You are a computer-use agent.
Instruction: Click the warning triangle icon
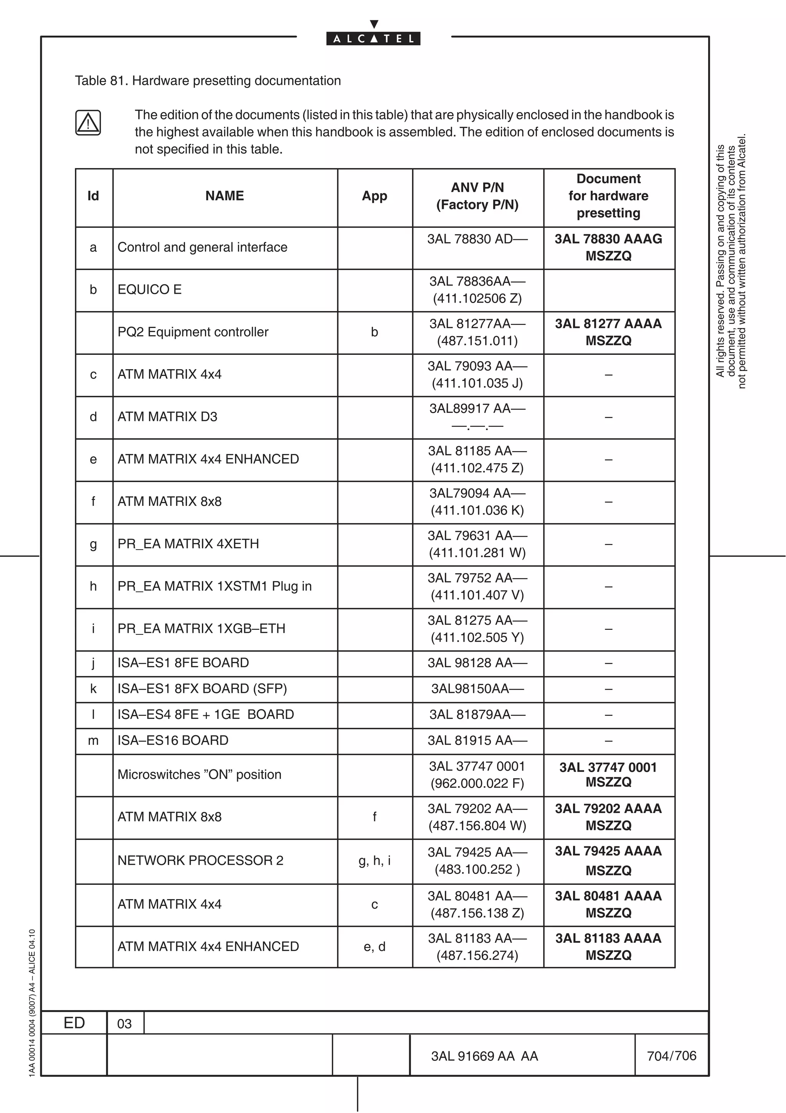coord(88,123)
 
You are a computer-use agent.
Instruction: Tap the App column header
coord(374,196)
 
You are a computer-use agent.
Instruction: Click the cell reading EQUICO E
coord(150,290)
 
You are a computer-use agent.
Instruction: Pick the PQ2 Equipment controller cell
coord(193,332)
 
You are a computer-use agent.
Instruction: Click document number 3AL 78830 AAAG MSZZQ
coord(608,247)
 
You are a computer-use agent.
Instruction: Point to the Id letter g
coord(94,544)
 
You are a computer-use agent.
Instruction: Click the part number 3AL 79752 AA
coord(477,578)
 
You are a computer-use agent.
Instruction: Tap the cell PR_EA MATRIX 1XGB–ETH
coord(201,628)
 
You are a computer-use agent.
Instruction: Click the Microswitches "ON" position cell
coord(199,774)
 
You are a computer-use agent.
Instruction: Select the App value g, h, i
coord(374,860)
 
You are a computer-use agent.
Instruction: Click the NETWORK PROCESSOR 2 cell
coord(200,860)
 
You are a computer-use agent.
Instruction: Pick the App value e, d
coord(374,946)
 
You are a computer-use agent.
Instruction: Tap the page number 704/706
coord(671,1056)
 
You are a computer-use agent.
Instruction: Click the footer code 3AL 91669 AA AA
coord(484,1056)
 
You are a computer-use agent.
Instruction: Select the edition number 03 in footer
coord(124,1024)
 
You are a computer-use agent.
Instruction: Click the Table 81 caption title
coord(208,81)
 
